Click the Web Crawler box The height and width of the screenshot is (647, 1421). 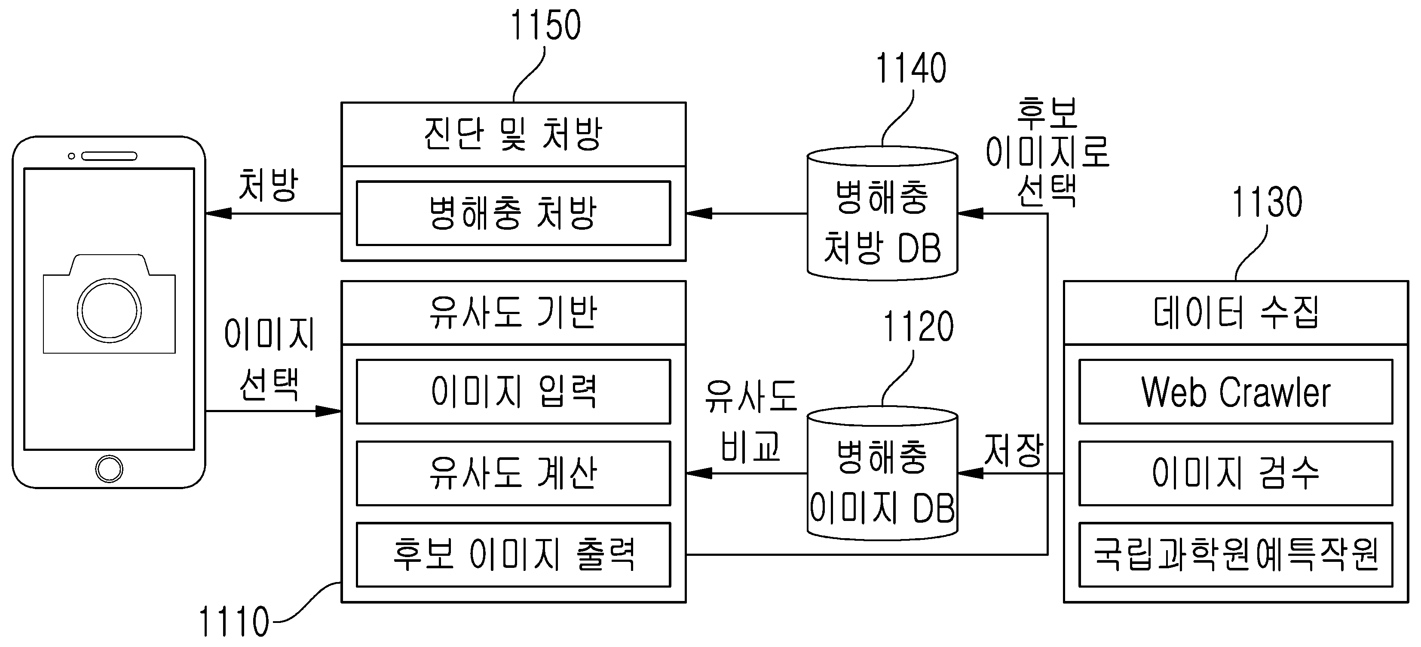(x=1236, y=392)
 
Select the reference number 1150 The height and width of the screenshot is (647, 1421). (x=545, y=25)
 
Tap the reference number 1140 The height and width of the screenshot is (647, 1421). (x=911, y=68)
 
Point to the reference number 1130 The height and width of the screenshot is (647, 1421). (x=1267, y=202)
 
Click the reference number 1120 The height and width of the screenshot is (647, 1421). (x=919, y=327)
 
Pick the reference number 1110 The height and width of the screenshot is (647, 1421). (x=234, y=622)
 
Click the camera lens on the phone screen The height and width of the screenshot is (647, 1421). (x=109, y=310)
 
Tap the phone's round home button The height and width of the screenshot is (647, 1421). (x=109, y=469)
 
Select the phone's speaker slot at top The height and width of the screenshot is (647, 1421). (x=109, y=156)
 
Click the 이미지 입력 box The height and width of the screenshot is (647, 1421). (x=514, y=392)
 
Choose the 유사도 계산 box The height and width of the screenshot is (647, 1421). (x=514, y=473)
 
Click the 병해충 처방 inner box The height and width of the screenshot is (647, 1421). (x=514, y=213)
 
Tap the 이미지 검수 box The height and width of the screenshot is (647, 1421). (x=1236, y=473)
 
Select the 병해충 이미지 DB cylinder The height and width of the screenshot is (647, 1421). (x=882, y=473)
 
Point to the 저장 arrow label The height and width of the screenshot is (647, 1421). (x=1014, y=450)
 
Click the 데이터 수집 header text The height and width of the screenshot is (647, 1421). (x=1236, y=312)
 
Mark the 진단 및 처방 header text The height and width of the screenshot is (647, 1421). (x=513, y=134)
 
